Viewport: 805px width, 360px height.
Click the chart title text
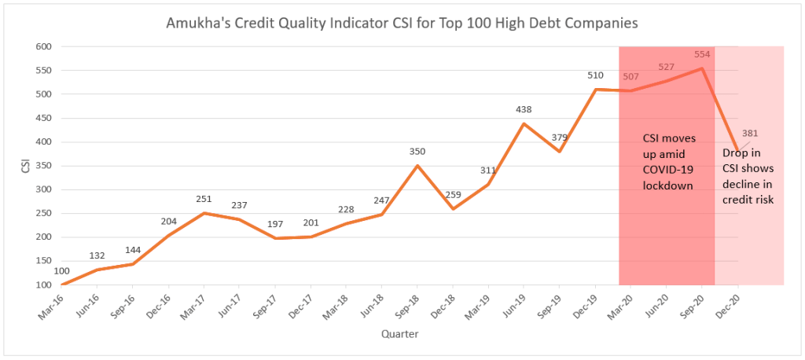click(402, 24)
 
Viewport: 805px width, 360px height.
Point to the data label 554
click(702, 55)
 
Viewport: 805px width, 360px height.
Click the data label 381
click(749, 133)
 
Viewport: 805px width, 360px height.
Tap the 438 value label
click(524, 108)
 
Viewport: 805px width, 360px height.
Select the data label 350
click(417, 151)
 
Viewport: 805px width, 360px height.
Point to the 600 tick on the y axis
click(43, 46)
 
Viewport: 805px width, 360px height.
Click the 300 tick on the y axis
click(43, 189)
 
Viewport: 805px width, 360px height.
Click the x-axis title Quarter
click(400, 334)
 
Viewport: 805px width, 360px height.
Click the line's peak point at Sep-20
click(702, 68)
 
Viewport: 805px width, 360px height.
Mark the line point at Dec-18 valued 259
click(453, 208)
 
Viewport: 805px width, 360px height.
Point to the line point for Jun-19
click(524, 123)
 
